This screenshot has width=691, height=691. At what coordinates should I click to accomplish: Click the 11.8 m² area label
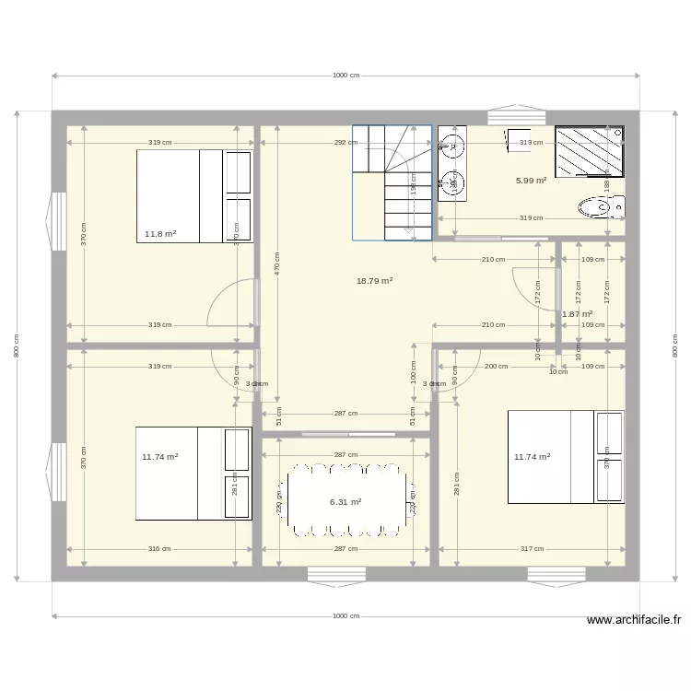coord(160,234)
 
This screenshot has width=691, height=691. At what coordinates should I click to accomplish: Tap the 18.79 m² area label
coord(374,281)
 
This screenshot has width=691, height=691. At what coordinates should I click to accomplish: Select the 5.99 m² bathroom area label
coord(531,181)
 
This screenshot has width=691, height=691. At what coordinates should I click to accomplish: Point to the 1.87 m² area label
coord(577,314)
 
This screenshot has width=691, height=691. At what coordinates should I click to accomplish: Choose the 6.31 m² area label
coord(345,502)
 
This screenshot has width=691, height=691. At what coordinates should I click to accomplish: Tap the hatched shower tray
coord(589,149)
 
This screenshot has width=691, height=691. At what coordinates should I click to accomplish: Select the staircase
coord(392,182)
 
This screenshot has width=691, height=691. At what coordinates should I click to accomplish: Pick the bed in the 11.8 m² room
coord(193,195)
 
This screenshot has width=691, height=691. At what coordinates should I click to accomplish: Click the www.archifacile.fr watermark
coord(636,621)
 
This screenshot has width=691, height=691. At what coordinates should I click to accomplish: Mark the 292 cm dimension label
coord(346,143)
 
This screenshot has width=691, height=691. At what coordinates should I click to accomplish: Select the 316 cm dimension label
coord(160,549)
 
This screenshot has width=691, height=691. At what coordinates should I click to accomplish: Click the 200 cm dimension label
coord(496,367)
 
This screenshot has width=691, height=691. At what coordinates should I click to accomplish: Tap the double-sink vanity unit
coord(451,163)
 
